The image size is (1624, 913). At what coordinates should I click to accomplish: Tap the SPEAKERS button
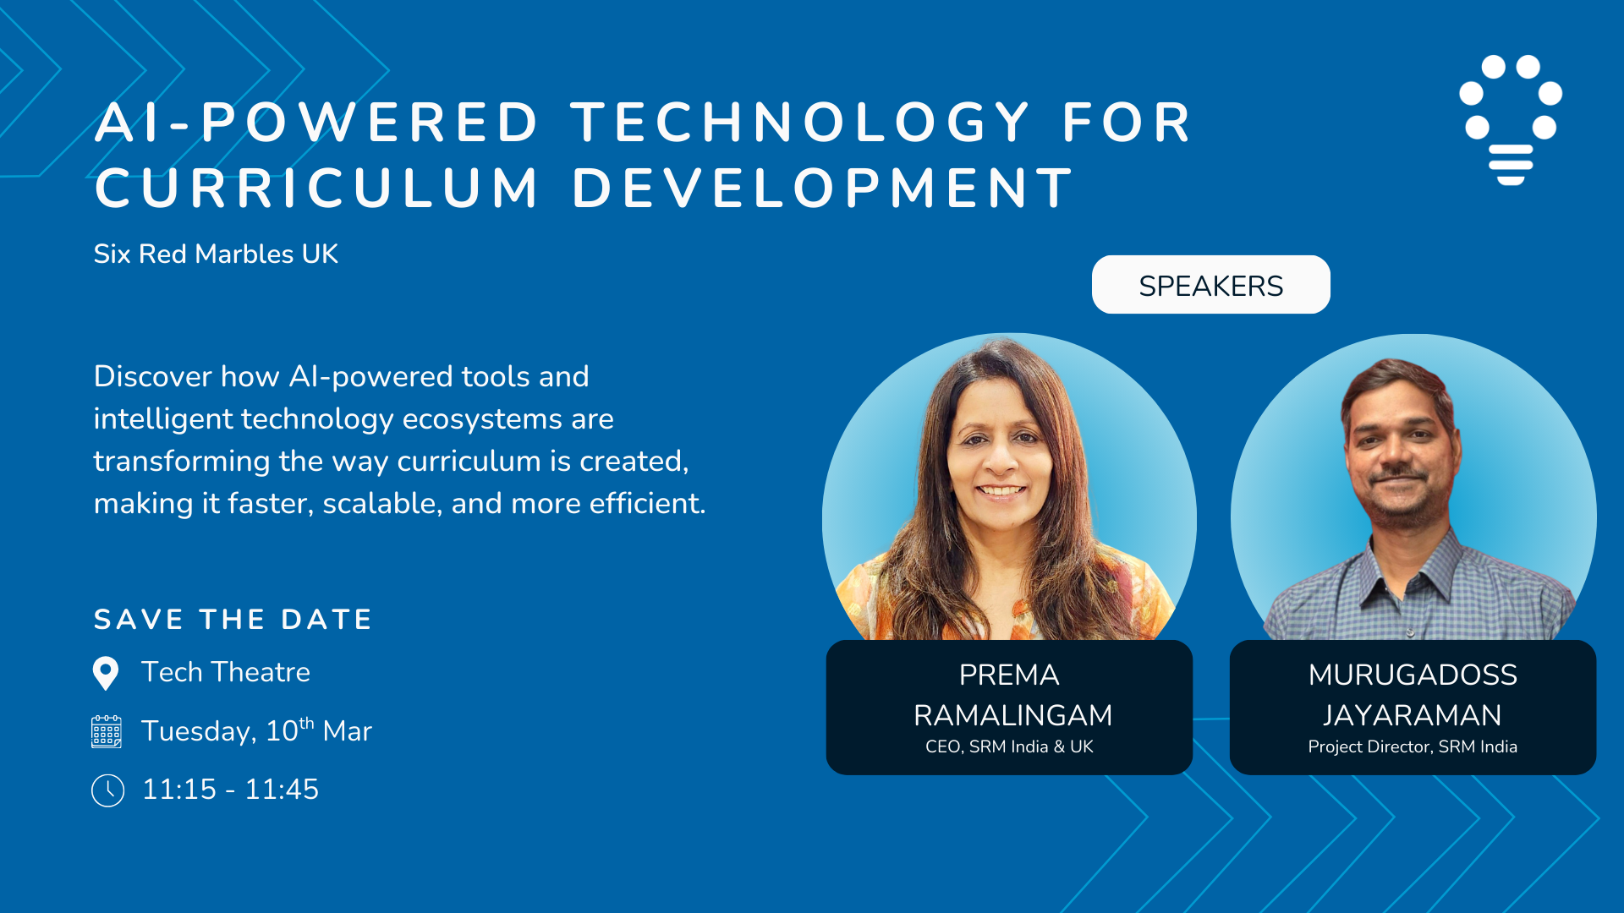(x=1210, y=285)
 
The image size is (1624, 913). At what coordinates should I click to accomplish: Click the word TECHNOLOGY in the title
(x=800, y=123)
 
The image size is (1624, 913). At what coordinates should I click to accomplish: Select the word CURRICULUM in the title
(x=316, y=188)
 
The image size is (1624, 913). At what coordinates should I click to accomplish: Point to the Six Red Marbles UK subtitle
(x=216, y=254)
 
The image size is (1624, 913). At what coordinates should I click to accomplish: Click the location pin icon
(x=106, y=674)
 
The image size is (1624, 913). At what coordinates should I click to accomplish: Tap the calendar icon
(x=107, y=731)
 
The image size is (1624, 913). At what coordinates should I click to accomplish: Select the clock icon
(x=107, y=790)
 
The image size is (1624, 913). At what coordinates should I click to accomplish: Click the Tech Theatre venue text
(x=226, y=672)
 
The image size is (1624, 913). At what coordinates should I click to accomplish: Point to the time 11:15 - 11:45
(x=230, y=790)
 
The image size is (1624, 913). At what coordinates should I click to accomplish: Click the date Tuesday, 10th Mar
(x=256, y=730)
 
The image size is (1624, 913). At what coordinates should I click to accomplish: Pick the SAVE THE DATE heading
(x=233, y=620)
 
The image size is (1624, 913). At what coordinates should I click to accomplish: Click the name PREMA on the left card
(x=1009, y=675)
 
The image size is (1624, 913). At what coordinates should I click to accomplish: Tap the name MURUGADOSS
(x=1413, y=675)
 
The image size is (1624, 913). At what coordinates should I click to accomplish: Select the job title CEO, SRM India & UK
(x=1009, y=746)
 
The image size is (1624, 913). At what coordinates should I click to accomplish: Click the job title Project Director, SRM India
(x=1413, y=746)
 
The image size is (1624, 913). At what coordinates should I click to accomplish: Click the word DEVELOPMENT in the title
(x=822, y=188)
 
